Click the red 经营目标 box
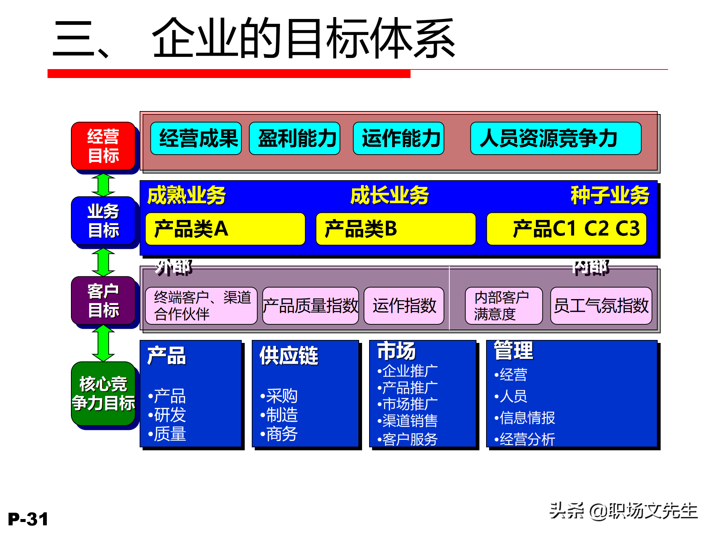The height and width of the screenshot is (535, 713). (103, 146)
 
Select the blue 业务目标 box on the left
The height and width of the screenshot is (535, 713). (103, 221)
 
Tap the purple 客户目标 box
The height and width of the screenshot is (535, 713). (103, 301)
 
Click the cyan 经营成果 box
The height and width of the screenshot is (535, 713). (196, 139)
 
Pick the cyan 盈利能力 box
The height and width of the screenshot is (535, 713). (295, 139)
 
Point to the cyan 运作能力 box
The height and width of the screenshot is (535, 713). (399, 139)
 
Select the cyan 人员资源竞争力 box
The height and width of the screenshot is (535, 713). (556, 139)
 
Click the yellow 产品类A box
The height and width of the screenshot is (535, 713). (225, 229)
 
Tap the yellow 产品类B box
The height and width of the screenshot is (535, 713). (395, 229)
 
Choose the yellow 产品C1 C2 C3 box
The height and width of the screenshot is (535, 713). (566, 229)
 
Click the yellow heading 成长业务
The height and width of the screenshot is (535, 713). (389, 196)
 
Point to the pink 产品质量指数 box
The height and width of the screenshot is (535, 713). (310, 306)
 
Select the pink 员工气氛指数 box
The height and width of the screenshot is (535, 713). (601, 306)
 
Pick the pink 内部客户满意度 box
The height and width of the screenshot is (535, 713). (504, 306)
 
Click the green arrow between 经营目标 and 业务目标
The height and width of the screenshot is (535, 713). (103, 185)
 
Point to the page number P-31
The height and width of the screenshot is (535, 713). (28, 519)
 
